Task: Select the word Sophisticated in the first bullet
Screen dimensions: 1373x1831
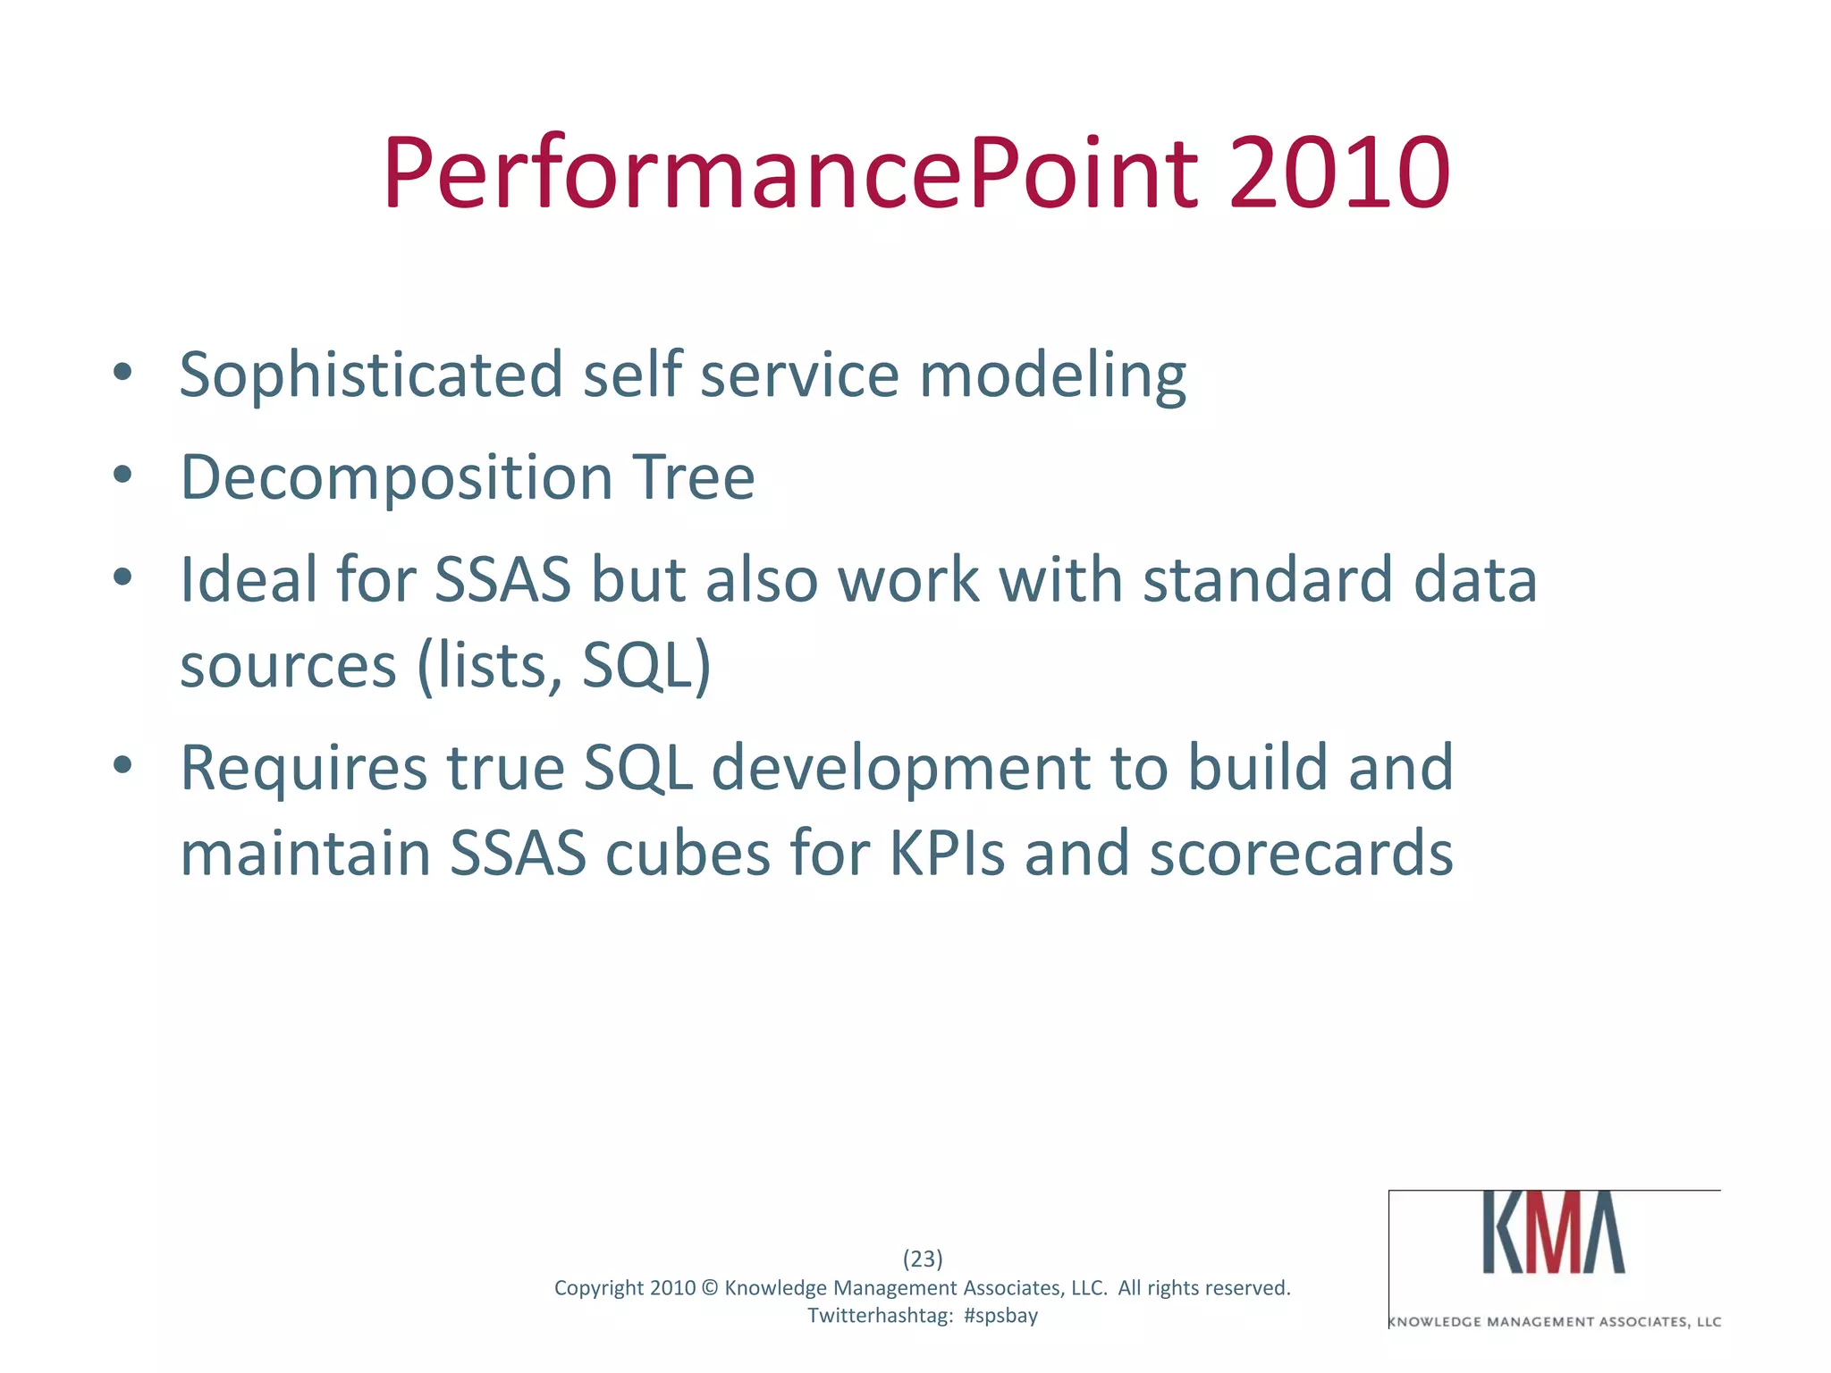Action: (371, 375)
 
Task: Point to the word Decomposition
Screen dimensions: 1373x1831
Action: (396, 479)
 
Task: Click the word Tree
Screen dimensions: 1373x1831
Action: (693, 477)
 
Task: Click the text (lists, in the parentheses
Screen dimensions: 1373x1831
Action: (489, 666)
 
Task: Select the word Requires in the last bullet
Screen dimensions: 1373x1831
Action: (303, 769)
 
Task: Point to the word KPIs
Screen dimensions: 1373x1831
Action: (947, 854)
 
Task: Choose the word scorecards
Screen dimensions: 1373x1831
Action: (1301, 854)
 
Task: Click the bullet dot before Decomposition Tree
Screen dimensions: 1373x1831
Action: (123, 475)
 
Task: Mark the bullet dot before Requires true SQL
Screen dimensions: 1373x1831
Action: (123, 764)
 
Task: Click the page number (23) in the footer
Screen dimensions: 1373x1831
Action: (923, 1259)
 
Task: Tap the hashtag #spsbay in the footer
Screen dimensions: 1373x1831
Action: (1000, 1316)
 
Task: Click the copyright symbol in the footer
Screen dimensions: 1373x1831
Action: (710, 1288)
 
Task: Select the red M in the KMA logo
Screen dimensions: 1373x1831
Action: (1554, 1232)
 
